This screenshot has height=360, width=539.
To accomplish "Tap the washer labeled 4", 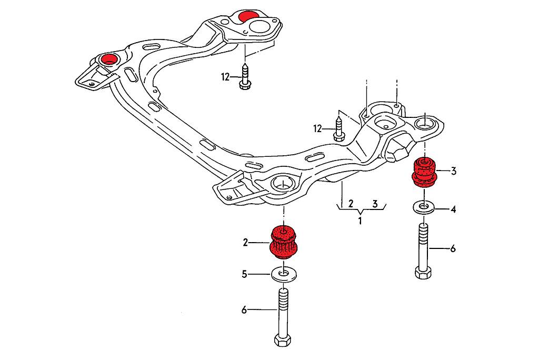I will tap(424, 206).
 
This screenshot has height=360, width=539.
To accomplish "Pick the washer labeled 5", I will tap(284, 274).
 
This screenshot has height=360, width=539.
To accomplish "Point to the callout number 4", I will tap(453, 209).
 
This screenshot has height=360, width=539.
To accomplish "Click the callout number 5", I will tap(245, 274).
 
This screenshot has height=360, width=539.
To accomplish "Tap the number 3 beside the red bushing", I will tap(453, 171).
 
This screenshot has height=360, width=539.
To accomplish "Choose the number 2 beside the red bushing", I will tap(245, 242).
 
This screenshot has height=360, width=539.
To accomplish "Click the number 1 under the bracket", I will tap(360, 221).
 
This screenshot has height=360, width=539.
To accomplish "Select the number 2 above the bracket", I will tap(343, 203).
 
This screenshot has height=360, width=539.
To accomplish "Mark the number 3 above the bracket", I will tap(375, 203).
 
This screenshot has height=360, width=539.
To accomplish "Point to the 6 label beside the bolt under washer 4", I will tap(453, 248).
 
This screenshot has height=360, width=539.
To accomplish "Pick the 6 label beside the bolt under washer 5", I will tap(244, 310).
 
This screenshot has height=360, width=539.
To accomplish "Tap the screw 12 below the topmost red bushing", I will tap(245, 77).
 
